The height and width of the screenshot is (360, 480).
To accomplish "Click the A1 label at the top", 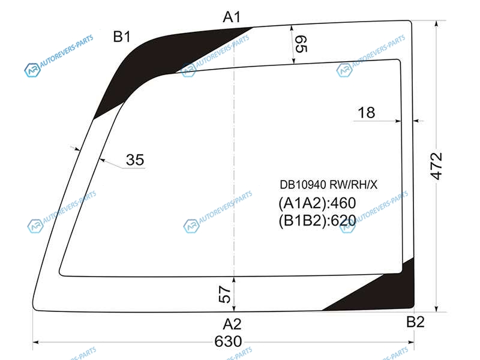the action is (x=232, y=17).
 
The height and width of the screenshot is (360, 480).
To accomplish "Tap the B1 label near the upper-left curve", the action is (x=122, y=37).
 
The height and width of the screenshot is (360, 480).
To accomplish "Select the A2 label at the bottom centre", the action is (x=232, y=324).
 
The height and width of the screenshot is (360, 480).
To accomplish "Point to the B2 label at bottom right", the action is (x=415, y=322).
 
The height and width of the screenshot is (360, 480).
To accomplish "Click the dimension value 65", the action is (x=301, y=44).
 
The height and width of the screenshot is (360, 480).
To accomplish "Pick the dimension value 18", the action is (x=367, y=113).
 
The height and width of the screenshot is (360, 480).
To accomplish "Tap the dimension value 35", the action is (x=135, y=160).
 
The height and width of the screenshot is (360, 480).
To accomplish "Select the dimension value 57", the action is (x=225, y=294).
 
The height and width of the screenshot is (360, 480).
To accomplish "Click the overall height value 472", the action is (x=436, y=166).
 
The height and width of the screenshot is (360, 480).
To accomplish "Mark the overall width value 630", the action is (x=228, y=341).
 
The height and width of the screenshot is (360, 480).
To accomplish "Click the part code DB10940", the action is (x=303, y=185).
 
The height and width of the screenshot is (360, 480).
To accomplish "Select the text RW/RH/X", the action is (x=353, y=185).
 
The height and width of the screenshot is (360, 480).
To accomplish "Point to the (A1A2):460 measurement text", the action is (x=317, y=203).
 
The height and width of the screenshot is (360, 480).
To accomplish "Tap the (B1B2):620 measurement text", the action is (x=317, y=220).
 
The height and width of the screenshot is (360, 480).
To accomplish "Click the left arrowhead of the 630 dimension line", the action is (x=35, y=342).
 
